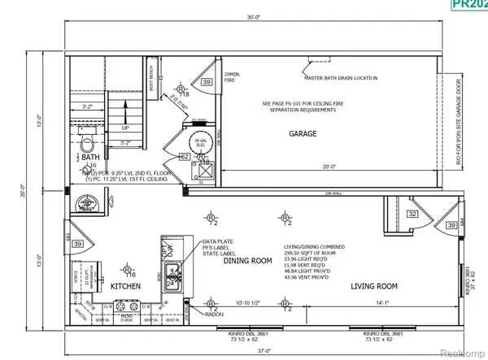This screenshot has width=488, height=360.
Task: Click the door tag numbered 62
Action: (x=185, y=157)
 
